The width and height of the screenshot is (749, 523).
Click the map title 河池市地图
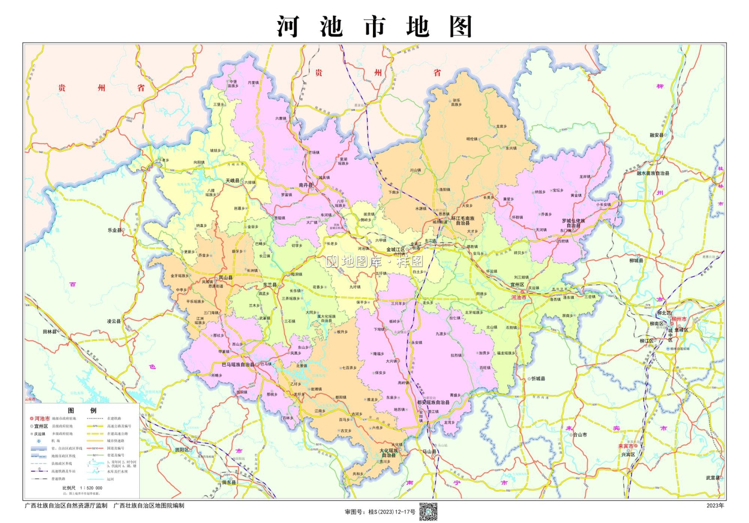coord(374,26)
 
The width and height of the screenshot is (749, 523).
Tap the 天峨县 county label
coord(232,180)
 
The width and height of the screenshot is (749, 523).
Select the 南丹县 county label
coord(305,185)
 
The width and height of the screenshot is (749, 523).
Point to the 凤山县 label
coord(226,277)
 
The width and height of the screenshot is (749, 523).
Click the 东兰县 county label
coord(270,284)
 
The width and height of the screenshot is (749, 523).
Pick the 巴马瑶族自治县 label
coord(238,364)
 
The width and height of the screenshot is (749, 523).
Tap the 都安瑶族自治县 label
coord(433,402)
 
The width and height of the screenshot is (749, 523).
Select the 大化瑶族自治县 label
coord(388,453)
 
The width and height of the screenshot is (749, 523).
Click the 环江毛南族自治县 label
coord(463,220)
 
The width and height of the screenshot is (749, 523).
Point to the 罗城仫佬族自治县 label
coord(573,223)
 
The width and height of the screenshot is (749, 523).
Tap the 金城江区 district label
coord(395,249)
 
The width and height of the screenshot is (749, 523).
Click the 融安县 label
coord(657,135)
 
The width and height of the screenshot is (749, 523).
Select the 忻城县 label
coord(538,378)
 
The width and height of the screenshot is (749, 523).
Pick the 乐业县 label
coord(114,230)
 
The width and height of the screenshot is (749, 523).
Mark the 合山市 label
coord(579,434)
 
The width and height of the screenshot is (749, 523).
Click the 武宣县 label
coord(713,477)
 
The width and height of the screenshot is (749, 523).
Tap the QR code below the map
coord(428,511)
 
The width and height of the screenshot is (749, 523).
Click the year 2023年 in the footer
coord(715,505)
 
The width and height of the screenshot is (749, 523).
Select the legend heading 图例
coord(82,410)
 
